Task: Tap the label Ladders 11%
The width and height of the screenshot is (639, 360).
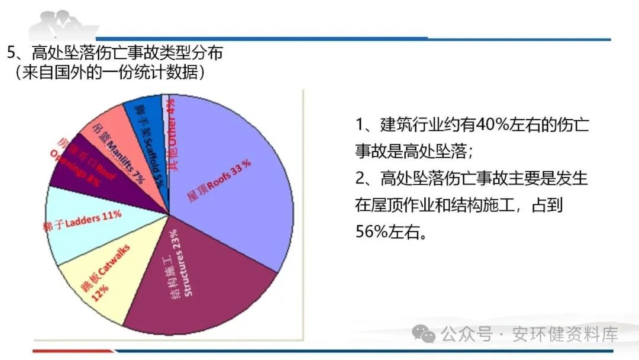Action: pyautogui.click(x=82, y=220)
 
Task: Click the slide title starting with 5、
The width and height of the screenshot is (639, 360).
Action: pyautogui.click(x=115, y=53)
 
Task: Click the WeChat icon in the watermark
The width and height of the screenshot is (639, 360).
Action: pyautogui.click(x=424, y=335)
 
